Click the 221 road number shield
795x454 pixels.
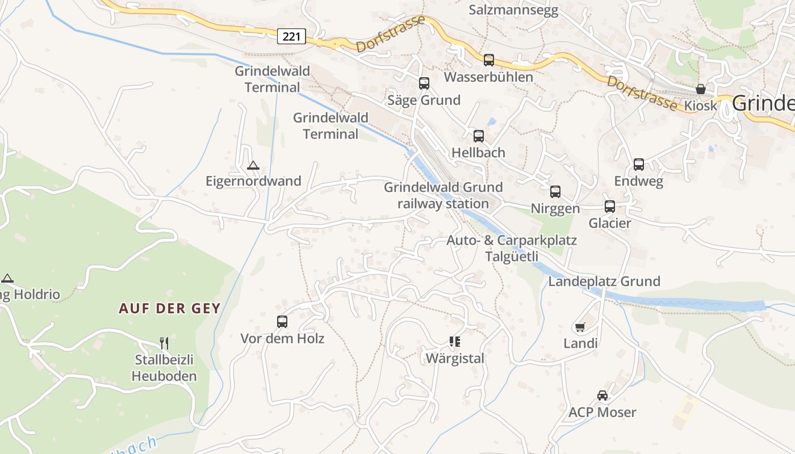click(x=291, y=37)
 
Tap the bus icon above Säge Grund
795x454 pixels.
click(x=424, y=83)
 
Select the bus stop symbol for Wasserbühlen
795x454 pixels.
click(x=488, y=60)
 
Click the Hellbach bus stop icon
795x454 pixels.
click(x=478, y=136)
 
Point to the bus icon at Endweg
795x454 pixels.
click(x=638, y=165)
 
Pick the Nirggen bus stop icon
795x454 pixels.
click(x=555, y=192)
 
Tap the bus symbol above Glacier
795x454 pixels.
click(x=609, y=207)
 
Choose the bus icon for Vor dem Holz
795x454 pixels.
click(x=282, y=322)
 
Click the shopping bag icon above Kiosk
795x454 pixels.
click(x=701, y=89)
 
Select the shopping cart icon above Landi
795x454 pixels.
click(x=580, y=327)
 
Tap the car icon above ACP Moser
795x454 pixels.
click(x=602, y=396)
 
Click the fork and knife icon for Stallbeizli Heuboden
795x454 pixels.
click(x=164, y=343)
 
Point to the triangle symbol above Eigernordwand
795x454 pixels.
click(x=253, y=166)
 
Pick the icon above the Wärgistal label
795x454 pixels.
click(x=454, y=342)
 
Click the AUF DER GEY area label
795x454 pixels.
click(x=169, y=309)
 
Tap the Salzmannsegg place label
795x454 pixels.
click(x=513, y=10)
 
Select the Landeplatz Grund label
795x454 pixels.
click(x=604, y=281)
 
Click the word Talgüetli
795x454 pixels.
click(x=511, y=257)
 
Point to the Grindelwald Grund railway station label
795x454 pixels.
click(x=443, y=195)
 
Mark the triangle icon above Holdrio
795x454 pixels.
click(x=7, y=278)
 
